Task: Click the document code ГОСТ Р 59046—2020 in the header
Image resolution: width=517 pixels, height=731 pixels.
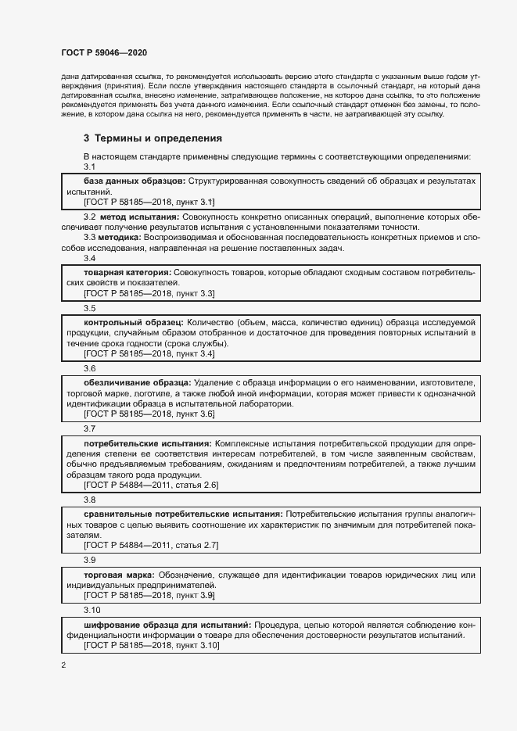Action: (103, 52)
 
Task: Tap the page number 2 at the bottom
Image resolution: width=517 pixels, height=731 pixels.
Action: (63, 665)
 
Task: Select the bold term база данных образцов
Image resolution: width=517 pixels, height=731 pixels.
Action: (134, 181)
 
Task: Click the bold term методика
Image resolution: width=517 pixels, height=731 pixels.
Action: (119, 237)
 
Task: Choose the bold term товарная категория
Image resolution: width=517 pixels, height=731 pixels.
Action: (127, 272)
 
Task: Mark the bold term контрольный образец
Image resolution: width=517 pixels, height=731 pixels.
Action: (133, 322)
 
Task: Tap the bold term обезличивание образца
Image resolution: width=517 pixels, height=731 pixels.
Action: (136, 382)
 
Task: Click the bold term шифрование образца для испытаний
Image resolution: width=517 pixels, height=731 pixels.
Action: (167, 625)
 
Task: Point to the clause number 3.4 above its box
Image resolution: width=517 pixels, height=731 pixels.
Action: (89, 258)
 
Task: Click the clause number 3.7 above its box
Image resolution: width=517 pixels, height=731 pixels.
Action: (89, 428)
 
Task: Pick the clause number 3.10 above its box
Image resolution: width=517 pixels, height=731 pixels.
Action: (92, 610)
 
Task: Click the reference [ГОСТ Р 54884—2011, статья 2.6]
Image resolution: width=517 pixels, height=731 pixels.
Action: (151, 486)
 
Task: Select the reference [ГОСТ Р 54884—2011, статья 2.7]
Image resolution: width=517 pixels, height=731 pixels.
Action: (151, 545)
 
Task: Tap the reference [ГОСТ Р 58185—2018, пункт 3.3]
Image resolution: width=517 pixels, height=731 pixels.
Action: (149, 293)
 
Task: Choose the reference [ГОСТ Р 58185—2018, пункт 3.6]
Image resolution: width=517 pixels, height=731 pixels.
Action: (149, 414)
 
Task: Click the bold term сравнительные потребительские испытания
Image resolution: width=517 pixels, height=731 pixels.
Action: (183, 514)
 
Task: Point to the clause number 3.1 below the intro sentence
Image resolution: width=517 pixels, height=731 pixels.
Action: (89, 167)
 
